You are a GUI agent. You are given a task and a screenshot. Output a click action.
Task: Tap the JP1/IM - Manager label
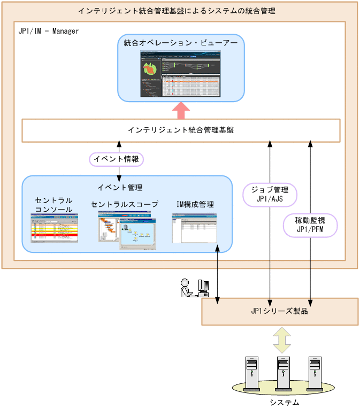[x=49, y=31]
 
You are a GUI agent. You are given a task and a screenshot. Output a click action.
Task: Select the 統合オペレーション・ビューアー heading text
[x=181, y=43]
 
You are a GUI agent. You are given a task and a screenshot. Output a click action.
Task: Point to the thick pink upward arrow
[x=181, y=110]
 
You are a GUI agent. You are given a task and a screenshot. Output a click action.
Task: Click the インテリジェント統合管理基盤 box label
[x=181, y=130]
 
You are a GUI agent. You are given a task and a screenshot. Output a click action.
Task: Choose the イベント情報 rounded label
[x=116, y=159]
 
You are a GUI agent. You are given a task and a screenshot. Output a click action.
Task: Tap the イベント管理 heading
[x=120, y=187]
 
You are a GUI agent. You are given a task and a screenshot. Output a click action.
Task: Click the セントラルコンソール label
[x=54, y=205]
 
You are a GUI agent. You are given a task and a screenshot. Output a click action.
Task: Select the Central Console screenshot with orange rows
[x=55, y=228]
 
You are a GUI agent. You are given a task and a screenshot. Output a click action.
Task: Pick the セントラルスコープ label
[x=125, y=204]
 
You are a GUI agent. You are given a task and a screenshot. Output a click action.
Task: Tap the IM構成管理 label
[x=195, y=204]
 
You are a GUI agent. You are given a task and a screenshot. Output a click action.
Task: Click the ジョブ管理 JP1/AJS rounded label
[x=270, y=194]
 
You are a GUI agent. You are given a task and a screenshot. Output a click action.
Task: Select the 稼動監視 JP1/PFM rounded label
[x=310, y=225]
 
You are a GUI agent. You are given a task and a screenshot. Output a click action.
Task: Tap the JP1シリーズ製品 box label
[x=279, y=311]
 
